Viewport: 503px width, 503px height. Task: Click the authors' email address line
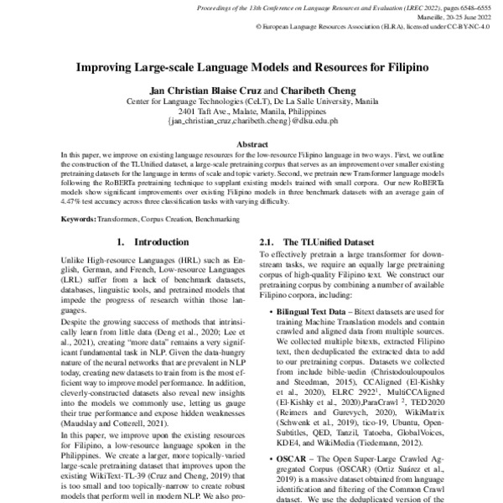click(x=251, y=121)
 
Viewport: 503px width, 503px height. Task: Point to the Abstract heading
click(x=251, y=144)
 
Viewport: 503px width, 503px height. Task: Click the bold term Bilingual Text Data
click(x=312, y=311)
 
